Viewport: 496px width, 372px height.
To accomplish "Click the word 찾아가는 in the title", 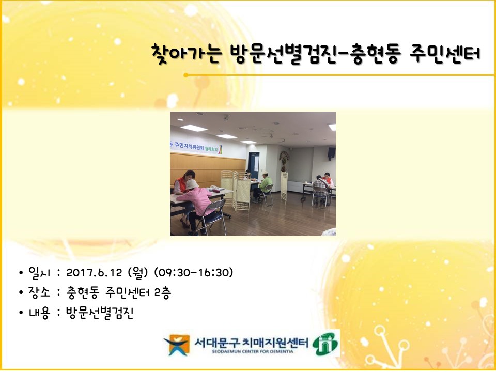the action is tap(185, 54).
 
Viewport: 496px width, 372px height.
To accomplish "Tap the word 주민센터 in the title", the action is tap(445, 53).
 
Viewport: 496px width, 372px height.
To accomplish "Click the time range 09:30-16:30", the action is tap(193, 273).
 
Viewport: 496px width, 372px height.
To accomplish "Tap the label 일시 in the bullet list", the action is tap(39, 273).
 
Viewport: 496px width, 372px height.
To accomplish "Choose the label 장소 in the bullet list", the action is tap(39, 292).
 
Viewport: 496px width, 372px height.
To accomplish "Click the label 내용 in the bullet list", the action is tap(39, 313).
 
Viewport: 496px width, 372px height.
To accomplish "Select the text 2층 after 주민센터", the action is tap(163, 292).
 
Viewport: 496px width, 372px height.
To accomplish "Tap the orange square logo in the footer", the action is tap(178, 345).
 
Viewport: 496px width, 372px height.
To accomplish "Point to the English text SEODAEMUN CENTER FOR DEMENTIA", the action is tap(253, 351).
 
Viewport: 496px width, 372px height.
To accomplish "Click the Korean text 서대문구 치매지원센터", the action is tap(252, 342).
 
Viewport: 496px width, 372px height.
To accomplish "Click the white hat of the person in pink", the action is tap(192, 184).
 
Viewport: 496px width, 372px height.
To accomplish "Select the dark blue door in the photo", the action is tap(253, 166).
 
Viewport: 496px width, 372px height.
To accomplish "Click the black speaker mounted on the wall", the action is tap(332, 153).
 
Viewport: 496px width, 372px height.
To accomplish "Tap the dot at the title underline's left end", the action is tap(186, 75).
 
